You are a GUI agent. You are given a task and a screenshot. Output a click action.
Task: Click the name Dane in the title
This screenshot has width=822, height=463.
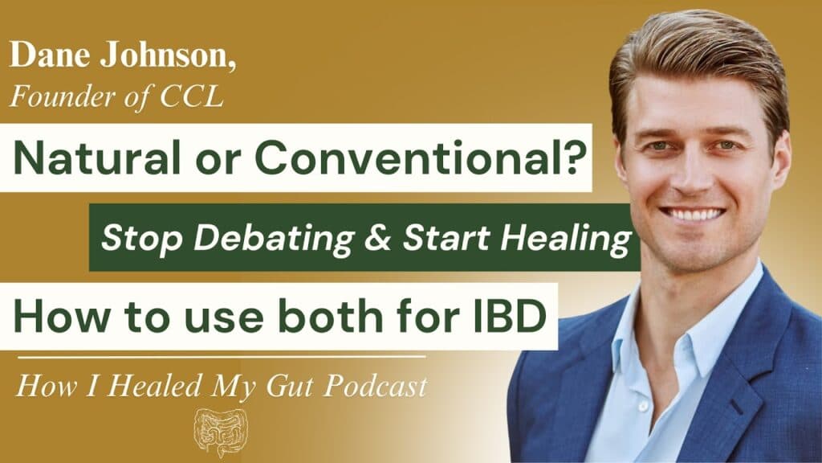pos(49,55)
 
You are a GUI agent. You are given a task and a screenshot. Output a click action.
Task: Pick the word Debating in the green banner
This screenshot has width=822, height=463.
pos(275,238)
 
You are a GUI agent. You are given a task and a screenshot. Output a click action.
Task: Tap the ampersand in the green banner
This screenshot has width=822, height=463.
pos(379,238)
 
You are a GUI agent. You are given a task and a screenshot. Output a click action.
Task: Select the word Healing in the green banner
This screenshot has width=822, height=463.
pos(566,239)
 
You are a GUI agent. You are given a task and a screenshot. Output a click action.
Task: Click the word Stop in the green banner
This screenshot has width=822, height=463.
pos(141,239)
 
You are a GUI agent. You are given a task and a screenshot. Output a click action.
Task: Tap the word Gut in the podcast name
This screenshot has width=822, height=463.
pos(289,387)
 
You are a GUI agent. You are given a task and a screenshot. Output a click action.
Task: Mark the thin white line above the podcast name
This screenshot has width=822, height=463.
pos(222,358)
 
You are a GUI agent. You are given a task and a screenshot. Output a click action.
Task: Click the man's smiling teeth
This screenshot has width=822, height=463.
pos(692,215)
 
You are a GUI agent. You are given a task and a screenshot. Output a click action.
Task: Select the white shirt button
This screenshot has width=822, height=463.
pos(641,407)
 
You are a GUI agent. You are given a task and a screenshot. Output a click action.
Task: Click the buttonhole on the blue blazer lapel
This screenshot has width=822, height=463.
pos(737,407)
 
